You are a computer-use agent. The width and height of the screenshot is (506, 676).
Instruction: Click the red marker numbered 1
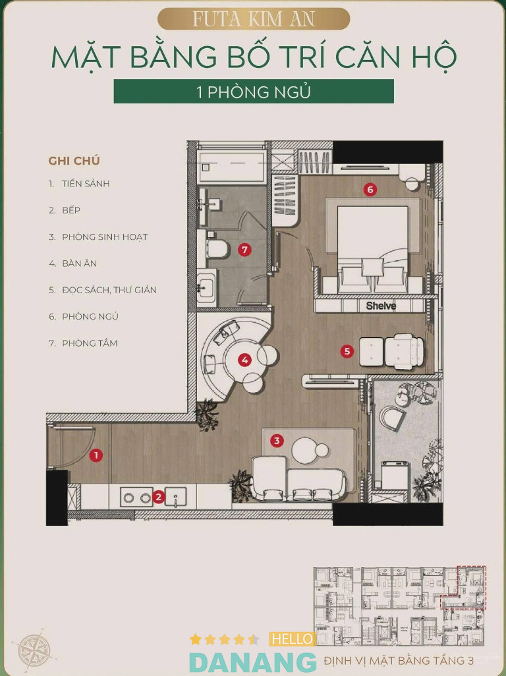point(96,455)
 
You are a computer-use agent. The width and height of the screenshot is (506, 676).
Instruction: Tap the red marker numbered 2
point(159,497)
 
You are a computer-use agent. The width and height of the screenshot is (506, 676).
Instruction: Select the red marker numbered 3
point(277,441)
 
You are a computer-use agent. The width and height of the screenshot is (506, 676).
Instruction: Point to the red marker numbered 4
point(245,360)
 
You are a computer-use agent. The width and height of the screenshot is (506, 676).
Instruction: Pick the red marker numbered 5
point(347,351)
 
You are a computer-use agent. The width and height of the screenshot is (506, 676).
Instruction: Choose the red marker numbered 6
point(370,189)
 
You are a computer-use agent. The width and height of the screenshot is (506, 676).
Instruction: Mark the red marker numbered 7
point(245,250)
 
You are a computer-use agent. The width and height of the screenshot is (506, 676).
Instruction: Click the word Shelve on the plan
point(381,306)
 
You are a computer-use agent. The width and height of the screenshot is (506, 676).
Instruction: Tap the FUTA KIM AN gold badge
point(254,19)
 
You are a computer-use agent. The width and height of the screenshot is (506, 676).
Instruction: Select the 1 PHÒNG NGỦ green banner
point(254,92)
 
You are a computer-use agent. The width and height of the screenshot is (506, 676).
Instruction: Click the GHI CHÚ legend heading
point(74,161)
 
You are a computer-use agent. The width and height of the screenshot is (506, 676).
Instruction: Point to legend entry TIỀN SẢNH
point(86,184)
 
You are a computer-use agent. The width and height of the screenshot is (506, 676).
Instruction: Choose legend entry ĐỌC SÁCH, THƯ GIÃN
point(109,290)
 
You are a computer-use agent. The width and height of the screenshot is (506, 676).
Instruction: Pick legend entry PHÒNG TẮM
point(90,343)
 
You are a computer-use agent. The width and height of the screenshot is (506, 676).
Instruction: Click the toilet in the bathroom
point(217,249)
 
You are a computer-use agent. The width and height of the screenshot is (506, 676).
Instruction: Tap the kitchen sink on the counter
point(176,497)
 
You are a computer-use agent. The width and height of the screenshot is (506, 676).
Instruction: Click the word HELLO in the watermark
point(293,639)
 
